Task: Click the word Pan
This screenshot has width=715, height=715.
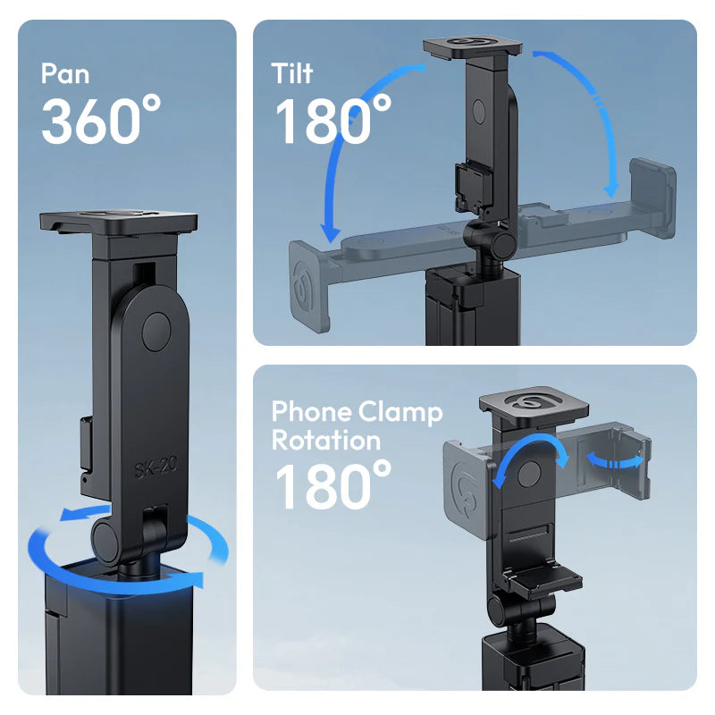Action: click(x=65, y=72)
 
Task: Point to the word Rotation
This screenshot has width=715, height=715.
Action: click(x=326, y=440)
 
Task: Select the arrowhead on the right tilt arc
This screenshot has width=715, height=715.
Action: click(x=611, y=189)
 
